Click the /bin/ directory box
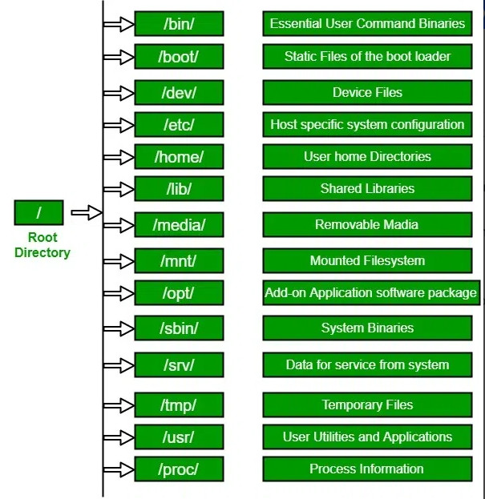(x=179, y=23)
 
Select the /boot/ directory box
(x=179, y=57)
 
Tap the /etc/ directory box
(x=179, y=124)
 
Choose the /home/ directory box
(x=179, y=156)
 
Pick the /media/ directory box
(x=179, y=225)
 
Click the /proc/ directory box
(x=179, y=469)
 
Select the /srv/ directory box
(x=179, y=364)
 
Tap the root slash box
(x=38, y=212)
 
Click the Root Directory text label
(x=42, y=245)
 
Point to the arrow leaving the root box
(x=87, y=212)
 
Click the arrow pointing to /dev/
(x=119, y=93)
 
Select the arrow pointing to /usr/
(x=119, y=437)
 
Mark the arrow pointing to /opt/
(x=119, y=293)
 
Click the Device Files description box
(x=367, y=93)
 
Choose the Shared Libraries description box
(x=367, y=189)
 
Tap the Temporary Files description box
(x=367, y=404)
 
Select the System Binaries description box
(x=367, y=328)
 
